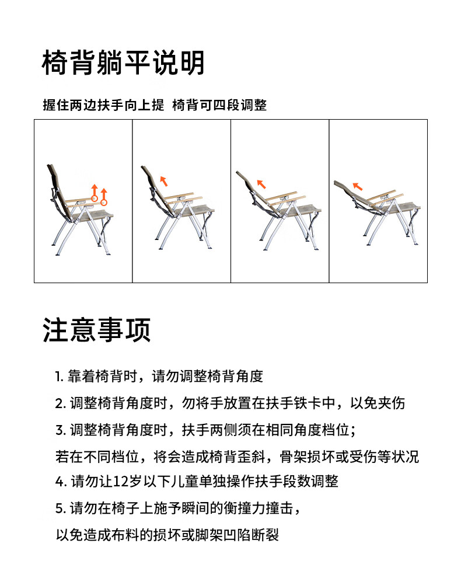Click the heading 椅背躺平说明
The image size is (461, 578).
pyautogui.click(x=123, y=63)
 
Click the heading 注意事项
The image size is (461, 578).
pyautogui.click(x=97, y=330)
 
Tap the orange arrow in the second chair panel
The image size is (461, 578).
pyautogui.click(x=164, y=180)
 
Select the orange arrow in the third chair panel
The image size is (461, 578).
pyautogui.click(x=261, y=183)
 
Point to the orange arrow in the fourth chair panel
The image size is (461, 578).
pyautogui.click(x=357, y=186)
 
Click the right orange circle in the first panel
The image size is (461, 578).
pyautogui.click(x=104, y=202)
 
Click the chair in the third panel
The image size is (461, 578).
pyautogui.click(x=277, y=207)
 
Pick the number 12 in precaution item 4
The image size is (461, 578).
pyautogui.click(x=120, y=482)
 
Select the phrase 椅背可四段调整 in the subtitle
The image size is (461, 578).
pyautogui.click(x=219, y=105)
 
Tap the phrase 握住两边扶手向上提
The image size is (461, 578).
pyautogui.click(x=103, y=105)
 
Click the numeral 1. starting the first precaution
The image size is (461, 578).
pyautogui.click(x=60, y=377)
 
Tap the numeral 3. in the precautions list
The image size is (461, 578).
pyautogui.click(x=60, y=430)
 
